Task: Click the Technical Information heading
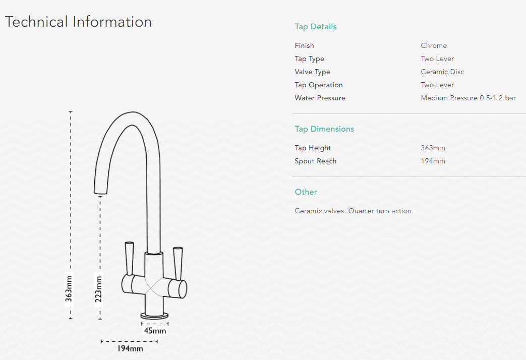click(78, 22)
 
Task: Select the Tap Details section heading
click(315, 27)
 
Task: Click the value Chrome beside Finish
click(433, 45)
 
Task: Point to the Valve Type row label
click(312, 72)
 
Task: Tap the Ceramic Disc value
click(442, 72)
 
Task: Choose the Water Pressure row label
click(320, 98)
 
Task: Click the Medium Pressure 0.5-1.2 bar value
click(468, 98)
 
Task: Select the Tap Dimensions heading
click(324, 129)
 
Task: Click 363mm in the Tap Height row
click(433, 148)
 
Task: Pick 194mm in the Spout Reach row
click(433, 161)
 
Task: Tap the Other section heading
click(306, 192)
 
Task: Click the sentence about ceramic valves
click(354, 211)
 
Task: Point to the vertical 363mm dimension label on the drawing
click(69, 289)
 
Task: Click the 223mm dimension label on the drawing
click(98, 289)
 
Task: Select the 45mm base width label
click(155, 331)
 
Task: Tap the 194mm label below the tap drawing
click(130, 348)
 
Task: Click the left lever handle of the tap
click(129, 258)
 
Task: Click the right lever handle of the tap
click(178, 264)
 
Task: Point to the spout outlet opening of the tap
click(100, 193)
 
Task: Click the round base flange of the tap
click(154, 316)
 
